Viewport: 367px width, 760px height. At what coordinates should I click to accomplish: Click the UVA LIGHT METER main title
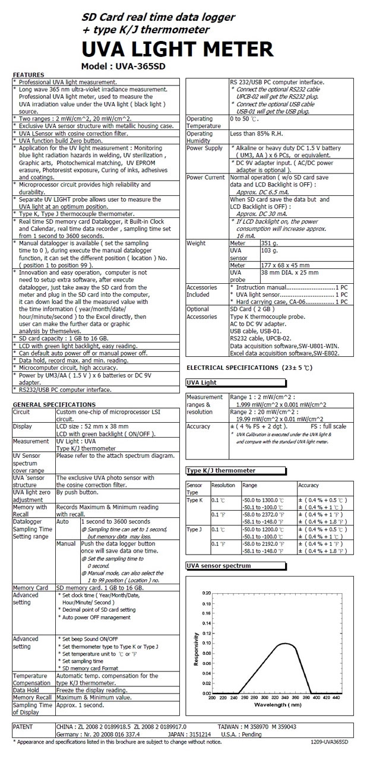click(x=178, y=49)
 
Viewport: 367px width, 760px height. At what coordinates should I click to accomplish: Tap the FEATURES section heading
click(x=29, y=75)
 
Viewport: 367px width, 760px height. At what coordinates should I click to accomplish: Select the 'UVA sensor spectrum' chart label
click(x=219, y=566)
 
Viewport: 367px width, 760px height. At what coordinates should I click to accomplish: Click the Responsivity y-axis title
click(x=197, y=648)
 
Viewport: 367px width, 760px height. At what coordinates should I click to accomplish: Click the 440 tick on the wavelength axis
click(x=337, y=698)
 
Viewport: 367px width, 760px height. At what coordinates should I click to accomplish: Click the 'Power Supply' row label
click(x=205, y=148)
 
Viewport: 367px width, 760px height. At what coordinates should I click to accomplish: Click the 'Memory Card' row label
click(x=30, y=588)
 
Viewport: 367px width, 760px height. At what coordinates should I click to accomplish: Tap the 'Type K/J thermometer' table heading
click(x=221, y=470)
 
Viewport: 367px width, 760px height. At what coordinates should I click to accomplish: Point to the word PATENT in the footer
click(x=25, y=726)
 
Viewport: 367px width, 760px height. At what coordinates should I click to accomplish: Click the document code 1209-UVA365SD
click(x=329, y=742)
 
